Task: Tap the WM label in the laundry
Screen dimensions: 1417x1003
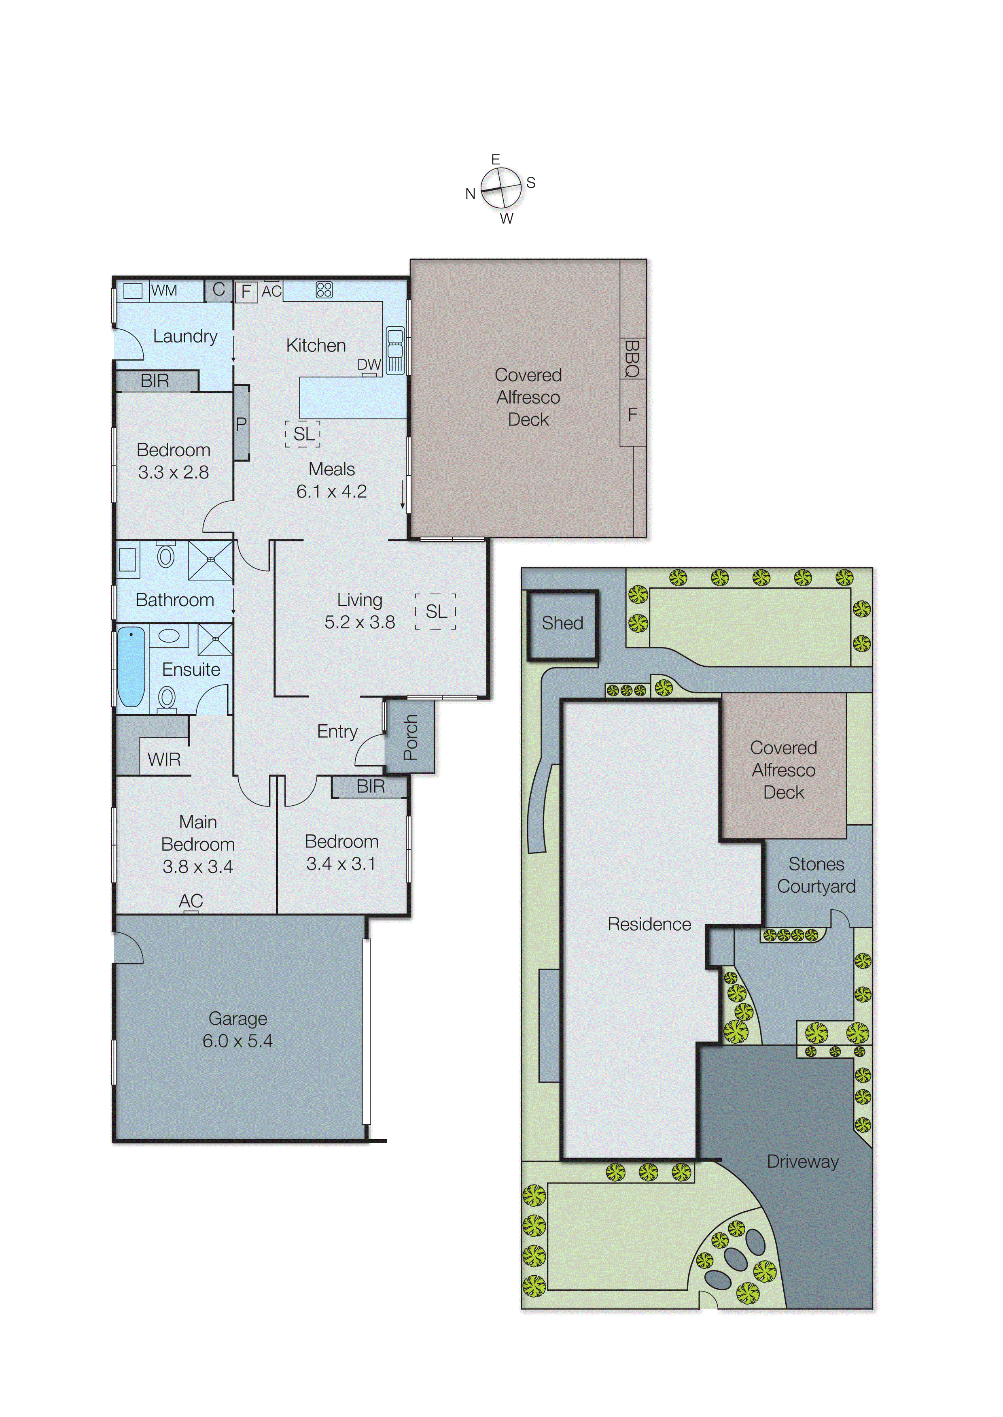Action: point(164,290)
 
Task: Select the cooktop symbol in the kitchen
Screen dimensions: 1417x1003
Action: point(324,290)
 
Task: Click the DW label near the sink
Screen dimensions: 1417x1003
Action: point(369,365)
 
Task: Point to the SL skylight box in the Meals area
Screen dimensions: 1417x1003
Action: point(303,434)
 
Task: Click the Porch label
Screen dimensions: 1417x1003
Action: point(410,737)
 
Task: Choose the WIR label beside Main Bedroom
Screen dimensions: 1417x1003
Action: point(164,760)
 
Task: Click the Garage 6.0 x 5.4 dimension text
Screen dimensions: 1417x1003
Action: point(238,1040)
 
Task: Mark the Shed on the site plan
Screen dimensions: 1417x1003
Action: point(562,623)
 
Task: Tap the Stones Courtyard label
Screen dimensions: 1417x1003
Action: point(816,875)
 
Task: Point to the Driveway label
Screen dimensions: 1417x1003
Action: point(802,1161)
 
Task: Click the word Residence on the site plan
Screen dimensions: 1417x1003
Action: point(649,924)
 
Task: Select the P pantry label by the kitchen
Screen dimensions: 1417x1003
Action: point(241,424)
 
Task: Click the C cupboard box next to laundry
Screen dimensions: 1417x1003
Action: point(218,289)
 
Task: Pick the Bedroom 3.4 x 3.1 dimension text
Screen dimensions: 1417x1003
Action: point(341,863)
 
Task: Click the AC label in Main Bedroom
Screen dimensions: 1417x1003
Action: point(191,901)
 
